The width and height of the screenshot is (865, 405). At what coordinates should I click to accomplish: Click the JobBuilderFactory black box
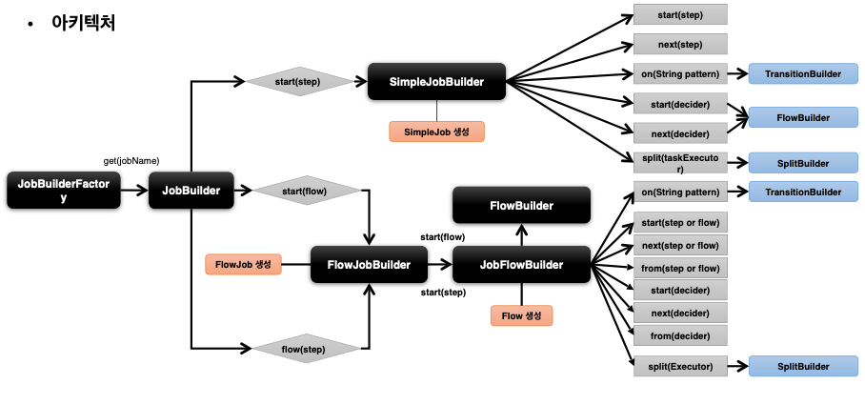tap(64, 191)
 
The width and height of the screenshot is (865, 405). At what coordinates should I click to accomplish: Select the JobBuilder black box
tap(191, 191)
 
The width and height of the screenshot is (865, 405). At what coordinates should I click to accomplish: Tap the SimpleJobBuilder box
tap(436, 83)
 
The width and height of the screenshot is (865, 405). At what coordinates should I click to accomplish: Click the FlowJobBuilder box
tap(369, 264)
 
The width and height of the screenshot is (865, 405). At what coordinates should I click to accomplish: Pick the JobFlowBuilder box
tap(521, 264)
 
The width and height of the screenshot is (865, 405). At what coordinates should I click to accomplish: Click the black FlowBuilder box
tap(521, 205)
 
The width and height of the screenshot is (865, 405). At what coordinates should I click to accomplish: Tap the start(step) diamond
tap(298, 82)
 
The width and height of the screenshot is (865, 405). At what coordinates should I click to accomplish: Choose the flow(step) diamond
tap(304, 349)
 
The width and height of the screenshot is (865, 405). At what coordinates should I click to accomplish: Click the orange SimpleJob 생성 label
tap(436, 132)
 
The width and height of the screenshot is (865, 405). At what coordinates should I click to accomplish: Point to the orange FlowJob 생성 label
tap(243, 264)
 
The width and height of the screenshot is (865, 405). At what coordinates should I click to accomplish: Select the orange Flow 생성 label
tap(521, 315)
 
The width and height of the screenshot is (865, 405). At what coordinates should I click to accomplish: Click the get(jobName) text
tap(131, 160)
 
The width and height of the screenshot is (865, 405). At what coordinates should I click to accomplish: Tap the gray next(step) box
tap(680, 44)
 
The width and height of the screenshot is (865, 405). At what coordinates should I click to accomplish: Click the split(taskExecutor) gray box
tap(680, 162)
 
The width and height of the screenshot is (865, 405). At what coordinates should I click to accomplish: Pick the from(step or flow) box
tap(680, 268)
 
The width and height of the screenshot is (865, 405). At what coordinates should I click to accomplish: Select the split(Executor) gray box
tap(680, 365)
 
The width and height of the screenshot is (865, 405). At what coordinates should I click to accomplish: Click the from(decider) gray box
tap(680, 334)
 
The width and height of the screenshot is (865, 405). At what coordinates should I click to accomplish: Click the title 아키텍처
tap(84, 23)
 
